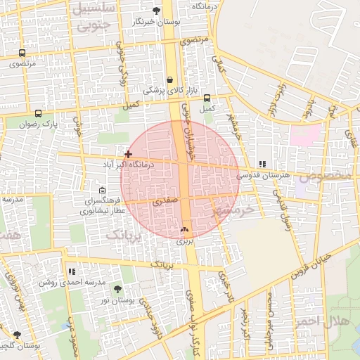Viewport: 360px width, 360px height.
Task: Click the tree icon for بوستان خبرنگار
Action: click(156, 11)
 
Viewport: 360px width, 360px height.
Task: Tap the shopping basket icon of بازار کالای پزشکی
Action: click(171, 79)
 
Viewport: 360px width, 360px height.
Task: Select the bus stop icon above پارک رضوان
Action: click(38, 113)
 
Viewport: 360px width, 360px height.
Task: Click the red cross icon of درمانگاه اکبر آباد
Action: click(127, 153)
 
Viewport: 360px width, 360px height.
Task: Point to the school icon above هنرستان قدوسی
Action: click(263, 164)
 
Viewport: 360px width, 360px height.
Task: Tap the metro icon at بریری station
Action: click(184, 229)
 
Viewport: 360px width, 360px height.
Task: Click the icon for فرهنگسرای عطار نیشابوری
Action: click(103, 190)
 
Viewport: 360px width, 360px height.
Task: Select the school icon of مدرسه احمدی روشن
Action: click(72, 271)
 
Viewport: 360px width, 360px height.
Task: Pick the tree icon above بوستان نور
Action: click(117, 289)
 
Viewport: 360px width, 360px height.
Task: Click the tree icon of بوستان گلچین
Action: click(17, 335)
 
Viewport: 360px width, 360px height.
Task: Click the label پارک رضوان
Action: click(39, 124)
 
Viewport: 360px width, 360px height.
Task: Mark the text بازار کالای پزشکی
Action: click(165, 90)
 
